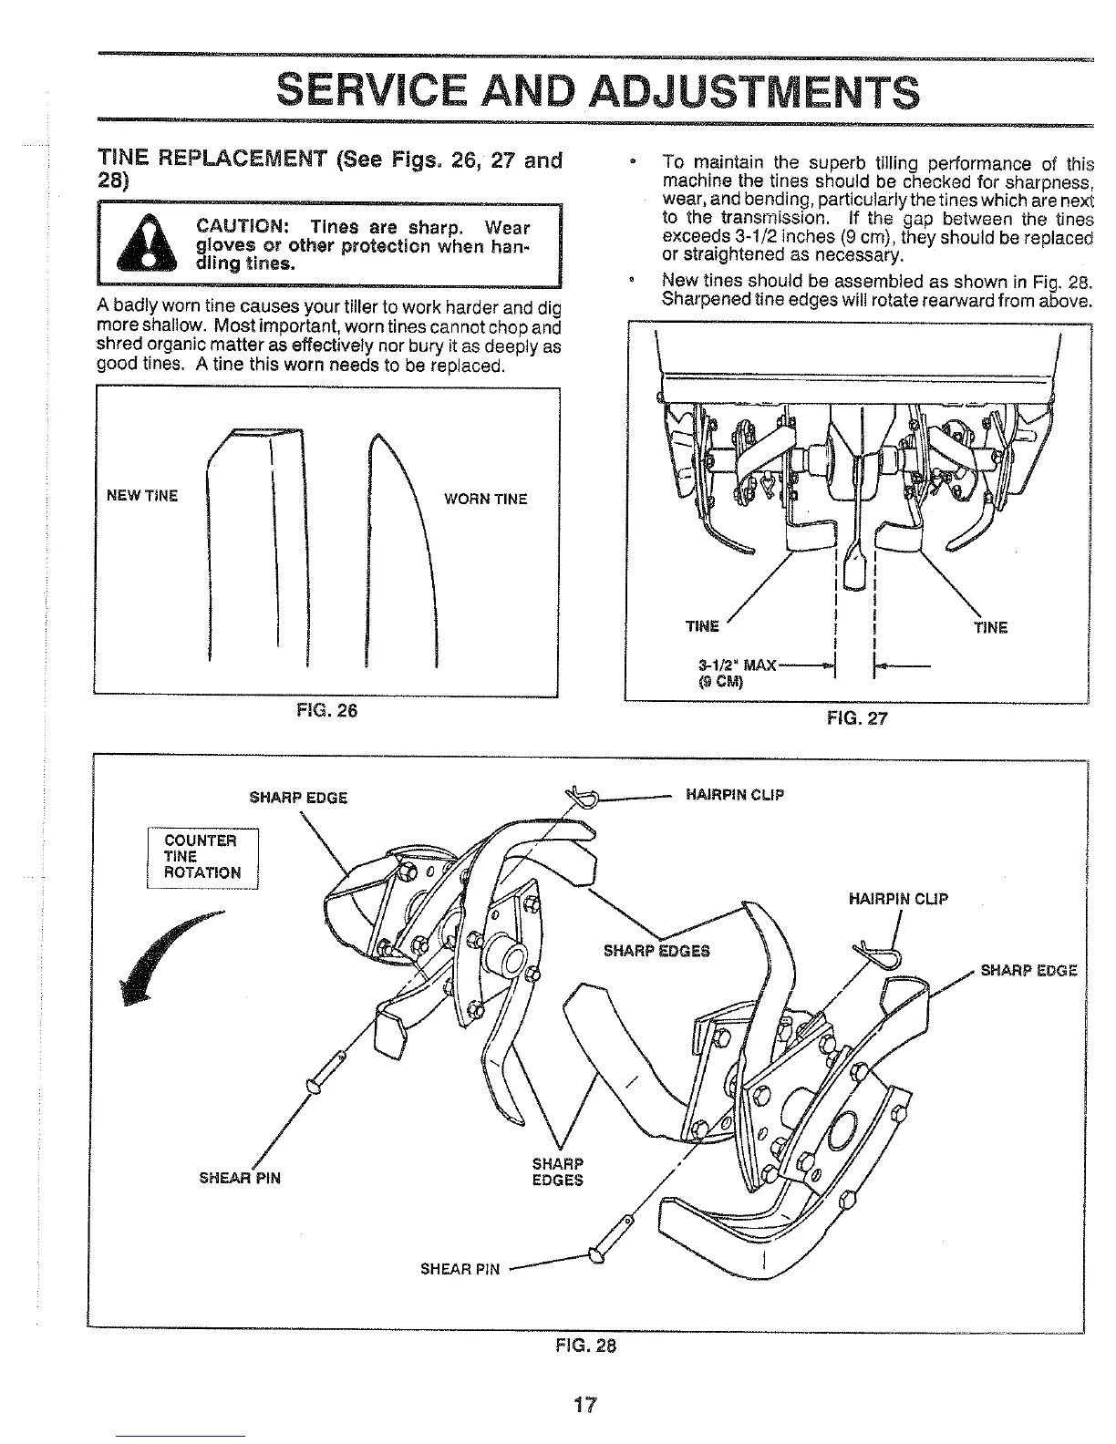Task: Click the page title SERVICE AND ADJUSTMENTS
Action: click(x=597, y=91)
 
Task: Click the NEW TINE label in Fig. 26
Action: click(x=142, y=496)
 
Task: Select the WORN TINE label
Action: click(x=485, y=499)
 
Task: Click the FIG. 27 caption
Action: click(x=856, y=718)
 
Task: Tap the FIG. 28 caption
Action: click(x=586, y=1346)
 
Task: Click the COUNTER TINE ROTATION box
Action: click(x=202, y=857)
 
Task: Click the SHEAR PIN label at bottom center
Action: click(x=460, y=1269)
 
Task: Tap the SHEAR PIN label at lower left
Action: click(x=240, y=1178)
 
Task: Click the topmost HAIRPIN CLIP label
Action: click(x=734, y=794)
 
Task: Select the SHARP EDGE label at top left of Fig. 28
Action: click(x=298, y=798)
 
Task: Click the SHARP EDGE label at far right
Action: click(x=1028, y=969)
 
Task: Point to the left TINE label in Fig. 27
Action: click(x=702, y=626)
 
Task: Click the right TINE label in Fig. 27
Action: click(x=990, y=627)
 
